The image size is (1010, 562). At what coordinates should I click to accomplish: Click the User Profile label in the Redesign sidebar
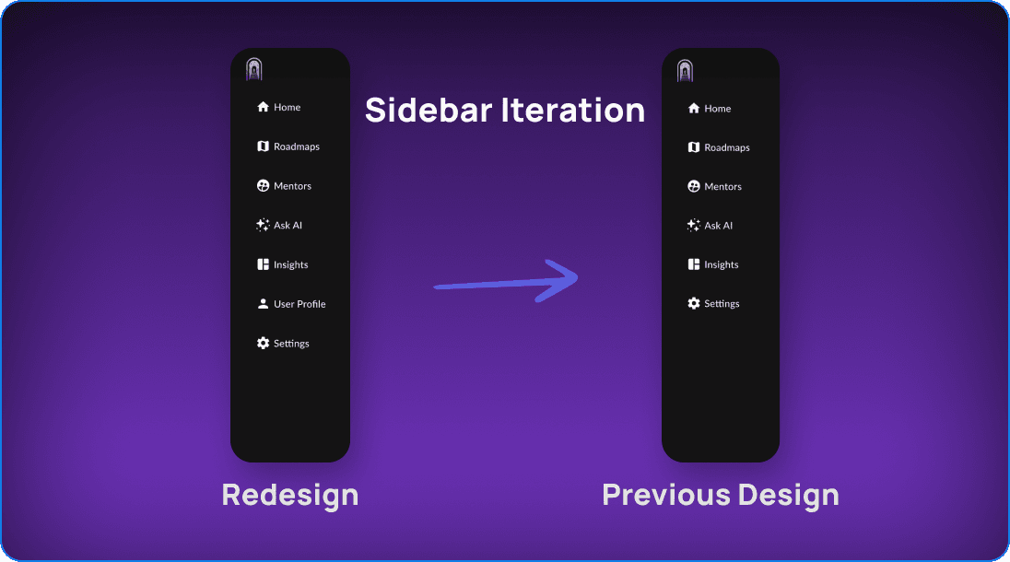[299, 304]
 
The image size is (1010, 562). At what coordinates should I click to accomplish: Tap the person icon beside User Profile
[263, 304]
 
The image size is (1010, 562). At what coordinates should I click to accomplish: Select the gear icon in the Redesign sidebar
[263, 343]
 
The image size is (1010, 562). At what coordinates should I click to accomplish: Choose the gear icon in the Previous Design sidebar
[694, 303]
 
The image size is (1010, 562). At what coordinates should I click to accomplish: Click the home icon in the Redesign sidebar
[263, 107]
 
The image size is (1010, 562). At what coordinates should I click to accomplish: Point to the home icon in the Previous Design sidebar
[694, 108]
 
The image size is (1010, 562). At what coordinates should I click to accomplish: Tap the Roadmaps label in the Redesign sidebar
[297, 146]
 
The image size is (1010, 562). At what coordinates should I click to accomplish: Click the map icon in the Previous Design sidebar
[694, 147]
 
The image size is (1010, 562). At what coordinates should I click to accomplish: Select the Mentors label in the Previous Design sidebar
[722, 187]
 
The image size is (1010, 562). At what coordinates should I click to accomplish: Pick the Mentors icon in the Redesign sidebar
[263, 186]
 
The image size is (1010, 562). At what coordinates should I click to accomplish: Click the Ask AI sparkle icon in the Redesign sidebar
[263, 226]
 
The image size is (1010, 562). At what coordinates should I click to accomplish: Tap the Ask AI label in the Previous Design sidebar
[718, 226]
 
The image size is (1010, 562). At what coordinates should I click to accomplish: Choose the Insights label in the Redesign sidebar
[290, 264]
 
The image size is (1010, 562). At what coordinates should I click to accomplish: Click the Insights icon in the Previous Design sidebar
[694, 264]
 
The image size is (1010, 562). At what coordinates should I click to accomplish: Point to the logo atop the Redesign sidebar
[254, 69]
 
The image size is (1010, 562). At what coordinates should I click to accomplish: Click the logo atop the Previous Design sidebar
[685, 70]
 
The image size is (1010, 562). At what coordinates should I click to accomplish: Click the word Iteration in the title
[572, 110]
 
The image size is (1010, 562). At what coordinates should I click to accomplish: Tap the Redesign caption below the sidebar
[290, 495]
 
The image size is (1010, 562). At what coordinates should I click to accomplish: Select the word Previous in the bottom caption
[666, 495]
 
